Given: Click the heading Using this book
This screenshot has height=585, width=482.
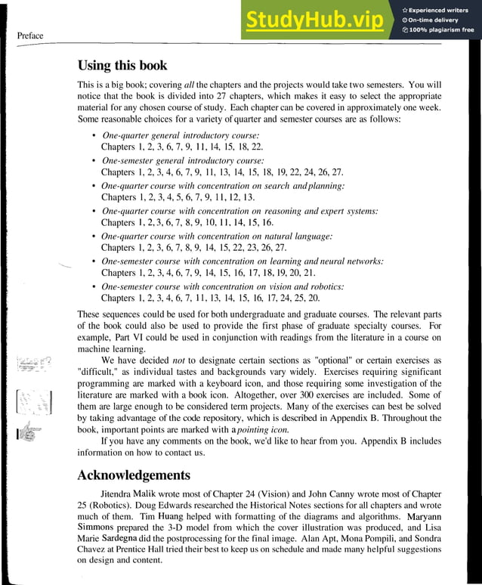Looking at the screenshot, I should tap(122, 66).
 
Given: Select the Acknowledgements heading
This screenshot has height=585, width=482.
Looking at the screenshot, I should tap(134, 475).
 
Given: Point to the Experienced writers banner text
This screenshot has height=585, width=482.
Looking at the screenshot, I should tap(440, 9).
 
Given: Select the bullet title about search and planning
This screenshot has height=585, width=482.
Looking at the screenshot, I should tap(223, 186).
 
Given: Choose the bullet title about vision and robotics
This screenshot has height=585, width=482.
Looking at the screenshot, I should tap(223, 286).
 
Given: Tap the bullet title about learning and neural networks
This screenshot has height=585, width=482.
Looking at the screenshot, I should tap(242, 261).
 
